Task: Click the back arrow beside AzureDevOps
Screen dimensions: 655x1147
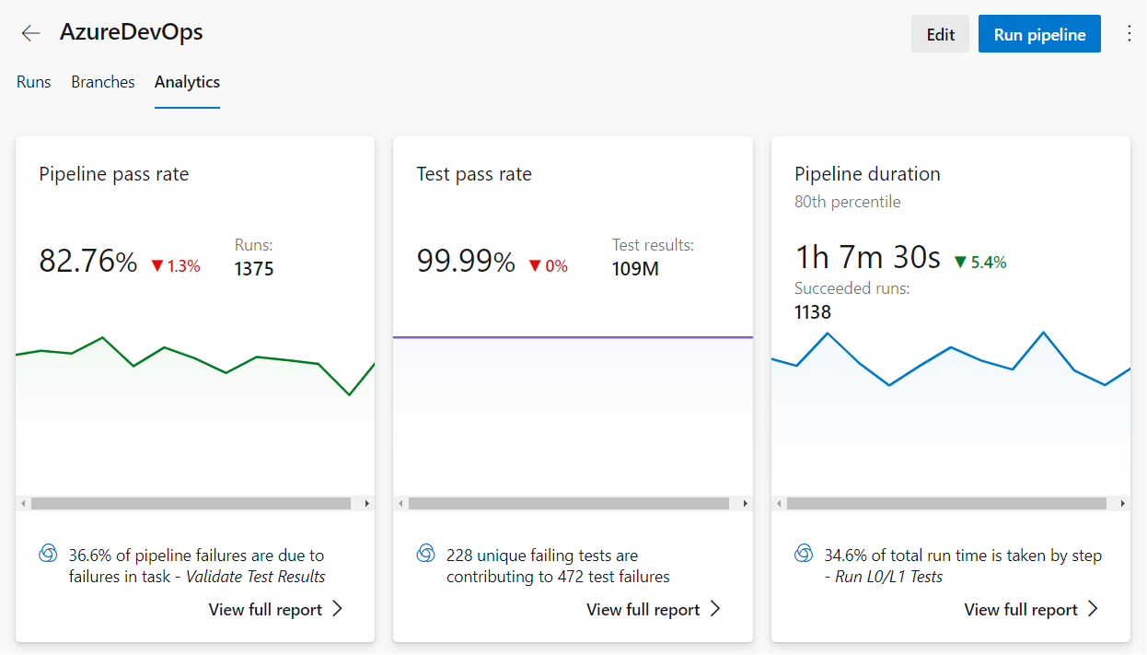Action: pyautogui.click(x=31, y=33)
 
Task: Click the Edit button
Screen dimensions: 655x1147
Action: pyautogui.click(x=940, y=34)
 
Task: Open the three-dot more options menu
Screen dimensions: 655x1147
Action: pyautogui.click(x=1130, y=34)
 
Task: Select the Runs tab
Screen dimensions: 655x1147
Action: pyautogui.click(x=34, y=82)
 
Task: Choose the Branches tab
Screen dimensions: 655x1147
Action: pyautogui.click(x=103, y=82)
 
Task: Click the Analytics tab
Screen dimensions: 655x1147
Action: pyautogui.click(x=187, y=82)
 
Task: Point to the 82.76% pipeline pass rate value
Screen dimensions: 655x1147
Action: pyautogui.click(x=87, y=262)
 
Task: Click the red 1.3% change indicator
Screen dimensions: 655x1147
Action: pyautogui.click(x=175, y=266)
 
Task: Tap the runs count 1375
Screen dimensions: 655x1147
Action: pyautogui.click(x=254, y=269)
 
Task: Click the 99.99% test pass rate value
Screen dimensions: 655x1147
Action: pyautogui.click(x=466, y=262)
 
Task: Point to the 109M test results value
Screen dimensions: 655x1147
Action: pyautogui.click(x=635, y=269)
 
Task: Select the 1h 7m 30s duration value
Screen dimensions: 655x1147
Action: pyautogui.click(x=867, y=257)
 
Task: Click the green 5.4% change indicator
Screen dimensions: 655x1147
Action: pyautogui.click(x=980, y=263)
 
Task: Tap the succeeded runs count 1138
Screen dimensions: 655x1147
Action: pyautogui.click(x=813, y=312)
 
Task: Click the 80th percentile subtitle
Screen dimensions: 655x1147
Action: pyautogui.click(x=847, y=202)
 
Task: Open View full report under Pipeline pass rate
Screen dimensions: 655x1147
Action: pyautogui.click(x=275, y=610)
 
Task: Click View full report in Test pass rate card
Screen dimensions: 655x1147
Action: pyautogui.click(x=653, y=610)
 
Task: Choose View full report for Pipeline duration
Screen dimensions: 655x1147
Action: pyautogui.click(x=1031, y=610)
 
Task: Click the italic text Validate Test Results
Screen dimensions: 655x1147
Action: pyautogui.click(x=256, y=577)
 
